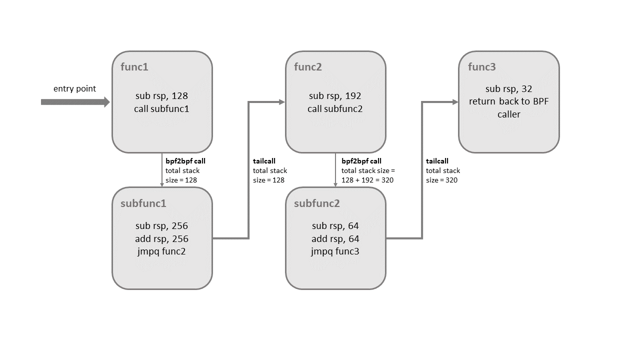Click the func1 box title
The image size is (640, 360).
click(134, 67)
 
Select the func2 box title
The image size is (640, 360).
click(307, 67)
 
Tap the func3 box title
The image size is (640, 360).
click(481, 67)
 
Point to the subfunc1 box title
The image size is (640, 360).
click(143, 203)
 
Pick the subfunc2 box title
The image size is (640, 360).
click(316, 203)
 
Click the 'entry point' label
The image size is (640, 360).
click(74, 89)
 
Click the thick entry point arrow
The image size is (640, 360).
click(75, 102)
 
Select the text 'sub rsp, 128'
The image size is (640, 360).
click(161, 96)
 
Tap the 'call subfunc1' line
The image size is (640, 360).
click(161, 108)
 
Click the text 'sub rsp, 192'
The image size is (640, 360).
click(335, 96)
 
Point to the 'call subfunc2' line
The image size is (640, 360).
click(335, 108)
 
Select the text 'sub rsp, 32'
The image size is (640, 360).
click(508, 89)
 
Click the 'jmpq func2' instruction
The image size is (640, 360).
click(161, 251)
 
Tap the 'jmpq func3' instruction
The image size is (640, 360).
click(335, 251)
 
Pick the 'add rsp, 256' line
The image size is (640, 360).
click(161, 238)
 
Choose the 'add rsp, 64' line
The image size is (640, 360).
click(335, 238)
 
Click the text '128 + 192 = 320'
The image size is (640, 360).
click(367, 180)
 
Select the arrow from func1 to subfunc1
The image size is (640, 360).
click(161, 170)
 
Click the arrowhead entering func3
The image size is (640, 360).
click(455, 102)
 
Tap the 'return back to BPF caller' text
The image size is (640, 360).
click(508, 107)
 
